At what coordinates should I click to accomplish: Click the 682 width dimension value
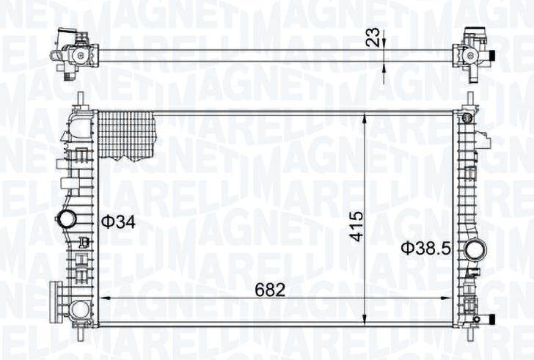270,290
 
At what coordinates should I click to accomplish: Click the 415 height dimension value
357,227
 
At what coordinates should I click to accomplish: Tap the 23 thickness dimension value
373,37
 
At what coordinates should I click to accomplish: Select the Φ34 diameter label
119,222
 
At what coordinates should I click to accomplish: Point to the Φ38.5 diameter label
425,248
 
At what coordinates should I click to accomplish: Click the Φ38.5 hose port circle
476,250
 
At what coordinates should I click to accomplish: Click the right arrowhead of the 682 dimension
447,298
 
